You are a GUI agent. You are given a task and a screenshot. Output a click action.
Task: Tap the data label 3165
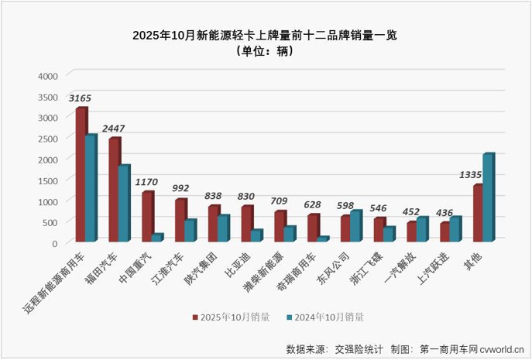point(80,98)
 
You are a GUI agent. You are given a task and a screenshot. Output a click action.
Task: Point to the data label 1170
point(146,182)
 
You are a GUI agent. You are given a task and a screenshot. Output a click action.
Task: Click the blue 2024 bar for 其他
point(487,198)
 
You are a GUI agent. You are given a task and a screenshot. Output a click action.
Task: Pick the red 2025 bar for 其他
point(478,214)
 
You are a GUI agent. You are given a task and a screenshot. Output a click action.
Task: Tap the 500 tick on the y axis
point(49,222)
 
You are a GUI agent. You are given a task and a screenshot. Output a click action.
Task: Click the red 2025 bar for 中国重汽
point(146,217)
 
